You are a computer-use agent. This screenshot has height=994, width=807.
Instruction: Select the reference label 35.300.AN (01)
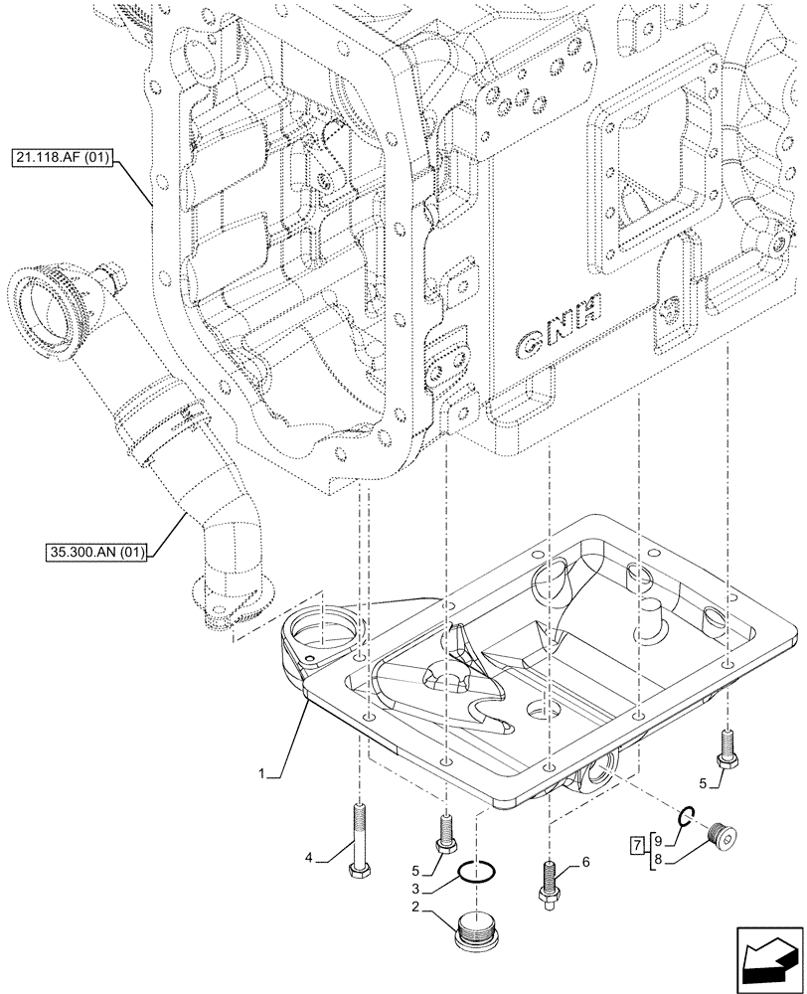point(95,553)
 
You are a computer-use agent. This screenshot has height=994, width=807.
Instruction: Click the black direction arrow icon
point(768,959)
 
